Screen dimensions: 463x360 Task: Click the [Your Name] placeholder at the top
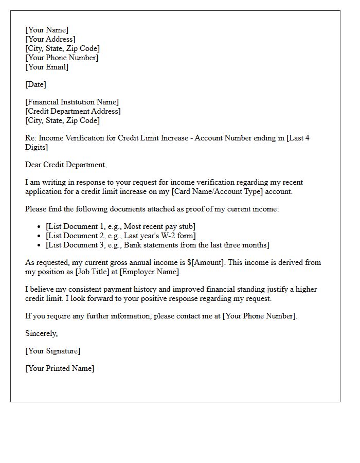(47, 30)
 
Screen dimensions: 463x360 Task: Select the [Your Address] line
(50, 39)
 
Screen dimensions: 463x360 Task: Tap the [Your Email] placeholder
(47, 67)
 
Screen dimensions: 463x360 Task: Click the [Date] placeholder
(35, 84)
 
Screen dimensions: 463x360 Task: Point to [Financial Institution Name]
(72, 102)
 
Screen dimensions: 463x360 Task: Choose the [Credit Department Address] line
(73, 111)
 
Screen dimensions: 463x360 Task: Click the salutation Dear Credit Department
(66, 165)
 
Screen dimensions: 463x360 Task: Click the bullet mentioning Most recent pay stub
(121, 226)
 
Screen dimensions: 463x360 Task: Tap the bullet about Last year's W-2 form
(121, 236)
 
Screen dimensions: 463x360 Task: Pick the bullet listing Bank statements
(157, 245)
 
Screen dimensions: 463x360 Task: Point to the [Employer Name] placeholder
(150, 272)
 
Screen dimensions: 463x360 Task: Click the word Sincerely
(41, 333)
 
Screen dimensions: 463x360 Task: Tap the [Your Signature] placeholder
(53, 351)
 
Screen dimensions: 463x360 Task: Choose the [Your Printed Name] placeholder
(60, 368)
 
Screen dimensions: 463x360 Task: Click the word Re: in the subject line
(31, 138)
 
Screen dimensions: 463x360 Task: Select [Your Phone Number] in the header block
(62, 58)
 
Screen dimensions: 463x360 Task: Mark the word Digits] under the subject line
(37, 147)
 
